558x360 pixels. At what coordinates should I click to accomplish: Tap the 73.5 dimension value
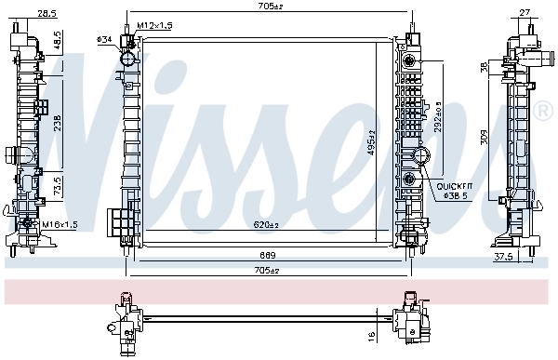(57, 184)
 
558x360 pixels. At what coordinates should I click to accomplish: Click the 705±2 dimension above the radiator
(269, 7)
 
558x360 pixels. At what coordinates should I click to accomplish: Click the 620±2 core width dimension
(268, 224)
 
